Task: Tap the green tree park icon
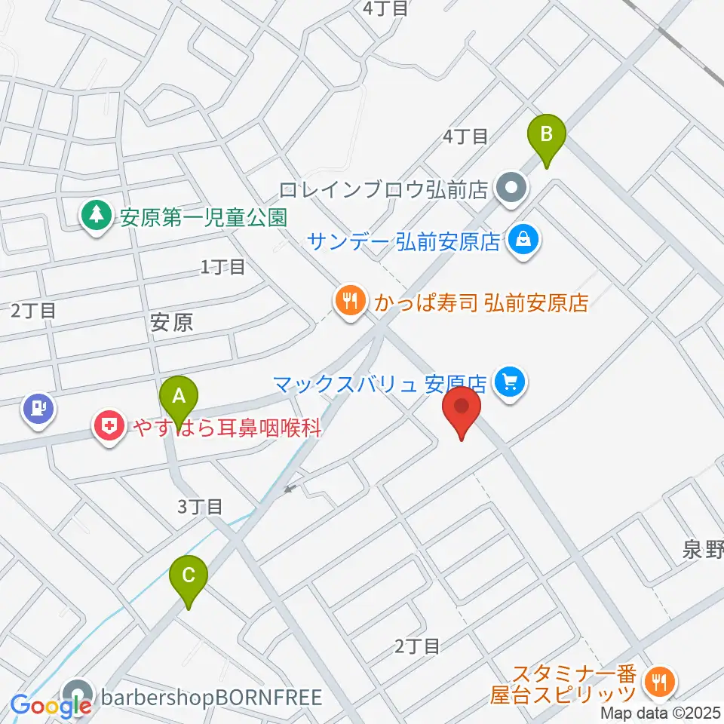96,217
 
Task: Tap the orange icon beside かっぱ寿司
348,302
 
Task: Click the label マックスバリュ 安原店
382,382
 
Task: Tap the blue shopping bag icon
521,241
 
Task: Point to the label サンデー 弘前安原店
404,242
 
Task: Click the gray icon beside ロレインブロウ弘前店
512,187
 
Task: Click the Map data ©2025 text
661,713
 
